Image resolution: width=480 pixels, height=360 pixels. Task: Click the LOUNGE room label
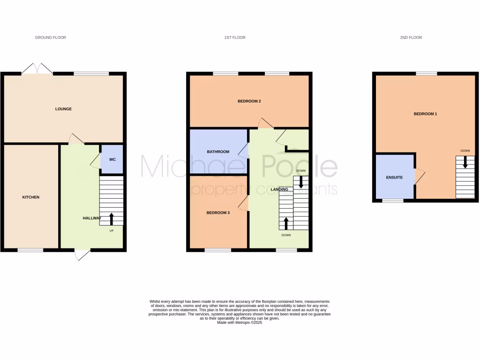click(x=63, y=109)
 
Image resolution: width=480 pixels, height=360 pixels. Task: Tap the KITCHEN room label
click(x=31, y=197)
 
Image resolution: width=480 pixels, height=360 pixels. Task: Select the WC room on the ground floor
click(x=112, y=159)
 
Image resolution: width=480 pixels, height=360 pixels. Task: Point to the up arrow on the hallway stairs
click(x=112, y=218)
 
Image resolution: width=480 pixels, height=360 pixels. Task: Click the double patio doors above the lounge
click(x=37, y=69)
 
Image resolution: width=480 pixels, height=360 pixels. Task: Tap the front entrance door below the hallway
click(x=82, y=255)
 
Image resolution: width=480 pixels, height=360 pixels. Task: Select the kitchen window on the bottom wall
click(x=30, y=250)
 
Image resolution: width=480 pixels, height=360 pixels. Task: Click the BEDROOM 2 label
click(x=249, y=101)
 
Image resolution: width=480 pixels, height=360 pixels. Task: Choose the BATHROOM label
click(x=218, y=152)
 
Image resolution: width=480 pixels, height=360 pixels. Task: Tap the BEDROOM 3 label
click(x=218, y=213)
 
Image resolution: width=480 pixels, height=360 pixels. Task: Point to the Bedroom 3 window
click(x=217, y=250)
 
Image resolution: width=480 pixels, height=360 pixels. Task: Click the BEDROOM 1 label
click(x=425, y=114)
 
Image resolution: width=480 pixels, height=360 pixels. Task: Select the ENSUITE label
click(x=394, y=178)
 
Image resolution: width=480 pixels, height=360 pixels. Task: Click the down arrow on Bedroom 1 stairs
click(x=465, y=163)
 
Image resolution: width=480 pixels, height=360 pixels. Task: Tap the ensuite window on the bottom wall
click(x=393, y=201)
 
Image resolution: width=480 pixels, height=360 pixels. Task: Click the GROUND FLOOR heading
click(x=51, y=37)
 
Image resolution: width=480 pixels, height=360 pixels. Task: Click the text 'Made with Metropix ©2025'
click(x=240, y=322)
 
